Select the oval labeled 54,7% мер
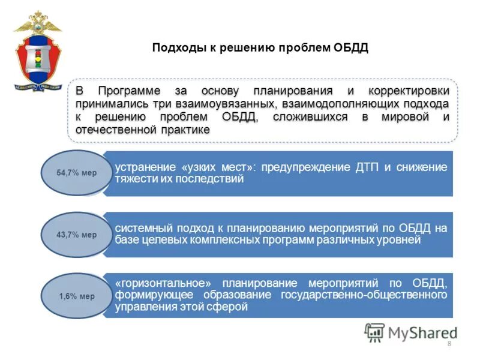(76, 173)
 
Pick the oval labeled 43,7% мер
(76, 235)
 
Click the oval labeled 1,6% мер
(76, 296)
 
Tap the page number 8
(449, 343)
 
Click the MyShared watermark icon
(375, 332)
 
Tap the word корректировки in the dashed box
(415, 91)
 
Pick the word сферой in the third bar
(232, 307)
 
